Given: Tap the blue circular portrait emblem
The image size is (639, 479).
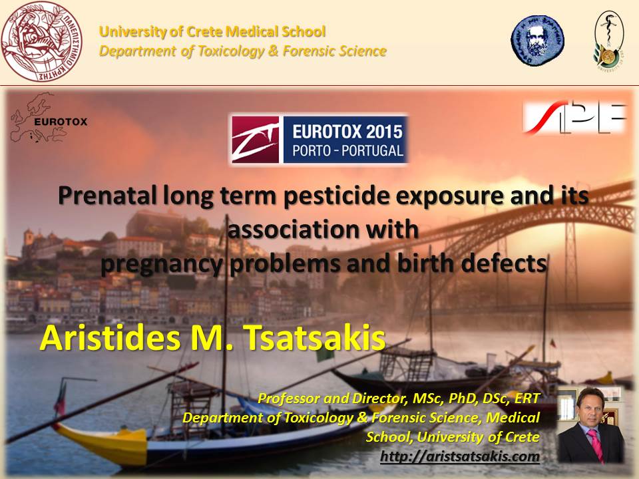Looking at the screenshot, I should tap(536, 41).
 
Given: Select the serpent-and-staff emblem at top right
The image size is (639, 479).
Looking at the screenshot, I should tap(608, 40).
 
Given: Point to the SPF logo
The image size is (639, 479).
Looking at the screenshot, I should tap(574, 118).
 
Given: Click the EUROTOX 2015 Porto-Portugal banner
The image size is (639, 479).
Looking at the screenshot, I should tap(318, 139).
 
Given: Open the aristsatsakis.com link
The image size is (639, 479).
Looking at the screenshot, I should tap(459, 456).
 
